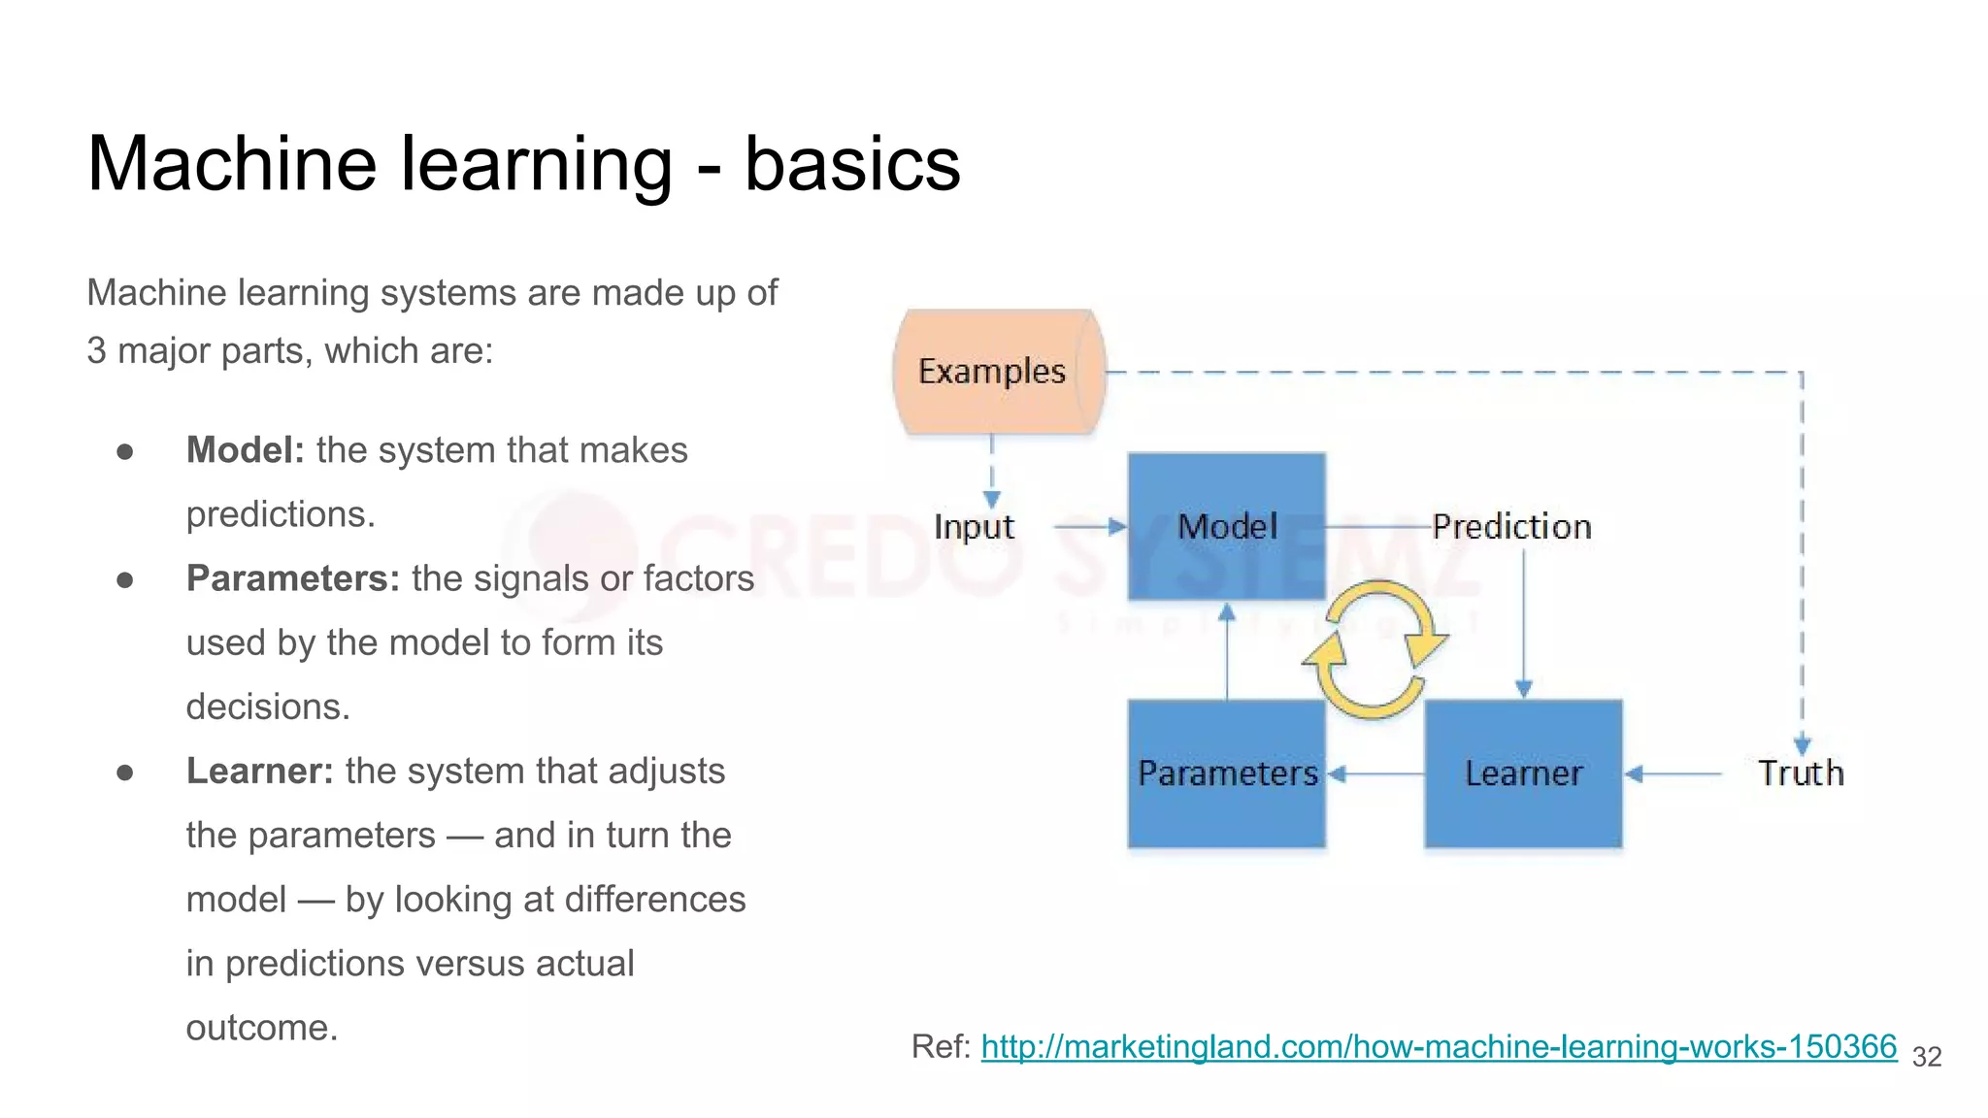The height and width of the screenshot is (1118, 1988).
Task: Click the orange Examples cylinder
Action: pos(997,372)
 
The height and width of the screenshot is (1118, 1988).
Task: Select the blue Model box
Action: pos(1227,526)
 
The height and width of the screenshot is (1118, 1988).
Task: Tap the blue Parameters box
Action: pos(1227,773)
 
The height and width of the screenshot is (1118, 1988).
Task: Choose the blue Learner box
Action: pos(1523,773)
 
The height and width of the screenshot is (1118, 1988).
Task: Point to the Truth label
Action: pos(1801,773)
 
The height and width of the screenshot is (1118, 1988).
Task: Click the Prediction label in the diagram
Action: pos(1511,526)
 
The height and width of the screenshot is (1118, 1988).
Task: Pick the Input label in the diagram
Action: pos(974,526)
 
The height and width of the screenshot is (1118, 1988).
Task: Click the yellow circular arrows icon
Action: pos(1375,649)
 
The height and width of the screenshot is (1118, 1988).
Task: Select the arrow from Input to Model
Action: pos(1089,527)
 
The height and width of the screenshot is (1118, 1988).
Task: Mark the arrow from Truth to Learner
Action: pos(1673,773)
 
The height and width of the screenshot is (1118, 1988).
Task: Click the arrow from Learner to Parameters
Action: pos(1375,773)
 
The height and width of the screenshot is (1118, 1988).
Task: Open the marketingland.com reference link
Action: pos(1438,1046)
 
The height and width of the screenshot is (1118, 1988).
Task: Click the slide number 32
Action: pos(1926,1057)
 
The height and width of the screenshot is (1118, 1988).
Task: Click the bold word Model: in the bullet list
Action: pos(246,450)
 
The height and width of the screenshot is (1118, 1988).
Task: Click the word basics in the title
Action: pos(851,163)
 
